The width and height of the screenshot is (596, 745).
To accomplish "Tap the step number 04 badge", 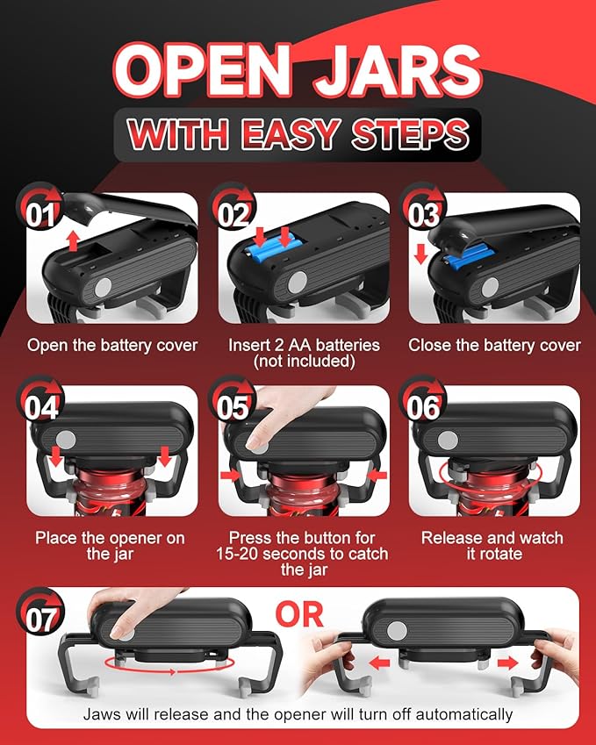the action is [39, 399].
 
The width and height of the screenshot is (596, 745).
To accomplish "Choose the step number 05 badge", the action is [233, 399].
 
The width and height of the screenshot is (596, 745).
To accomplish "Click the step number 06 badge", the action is [422, 399].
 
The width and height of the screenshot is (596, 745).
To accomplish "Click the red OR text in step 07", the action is [299, 615].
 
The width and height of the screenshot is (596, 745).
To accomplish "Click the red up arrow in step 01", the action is [73, 241].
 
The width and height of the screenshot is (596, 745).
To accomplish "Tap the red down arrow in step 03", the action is [421, 254].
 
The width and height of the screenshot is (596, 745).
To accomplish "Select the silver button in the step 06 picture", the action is [448, 441].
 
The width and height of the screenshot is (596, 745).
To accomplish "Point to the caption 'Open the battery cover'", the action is [112, 346].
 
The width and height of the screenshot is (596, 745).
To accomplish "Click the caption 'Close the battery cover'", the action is [494, 346].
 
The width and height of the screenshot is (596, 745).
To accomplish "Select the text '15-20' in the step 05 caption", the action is [237, 554].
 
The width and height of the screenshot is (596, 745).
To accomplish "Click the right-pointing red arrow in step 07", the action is [507, 663].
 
